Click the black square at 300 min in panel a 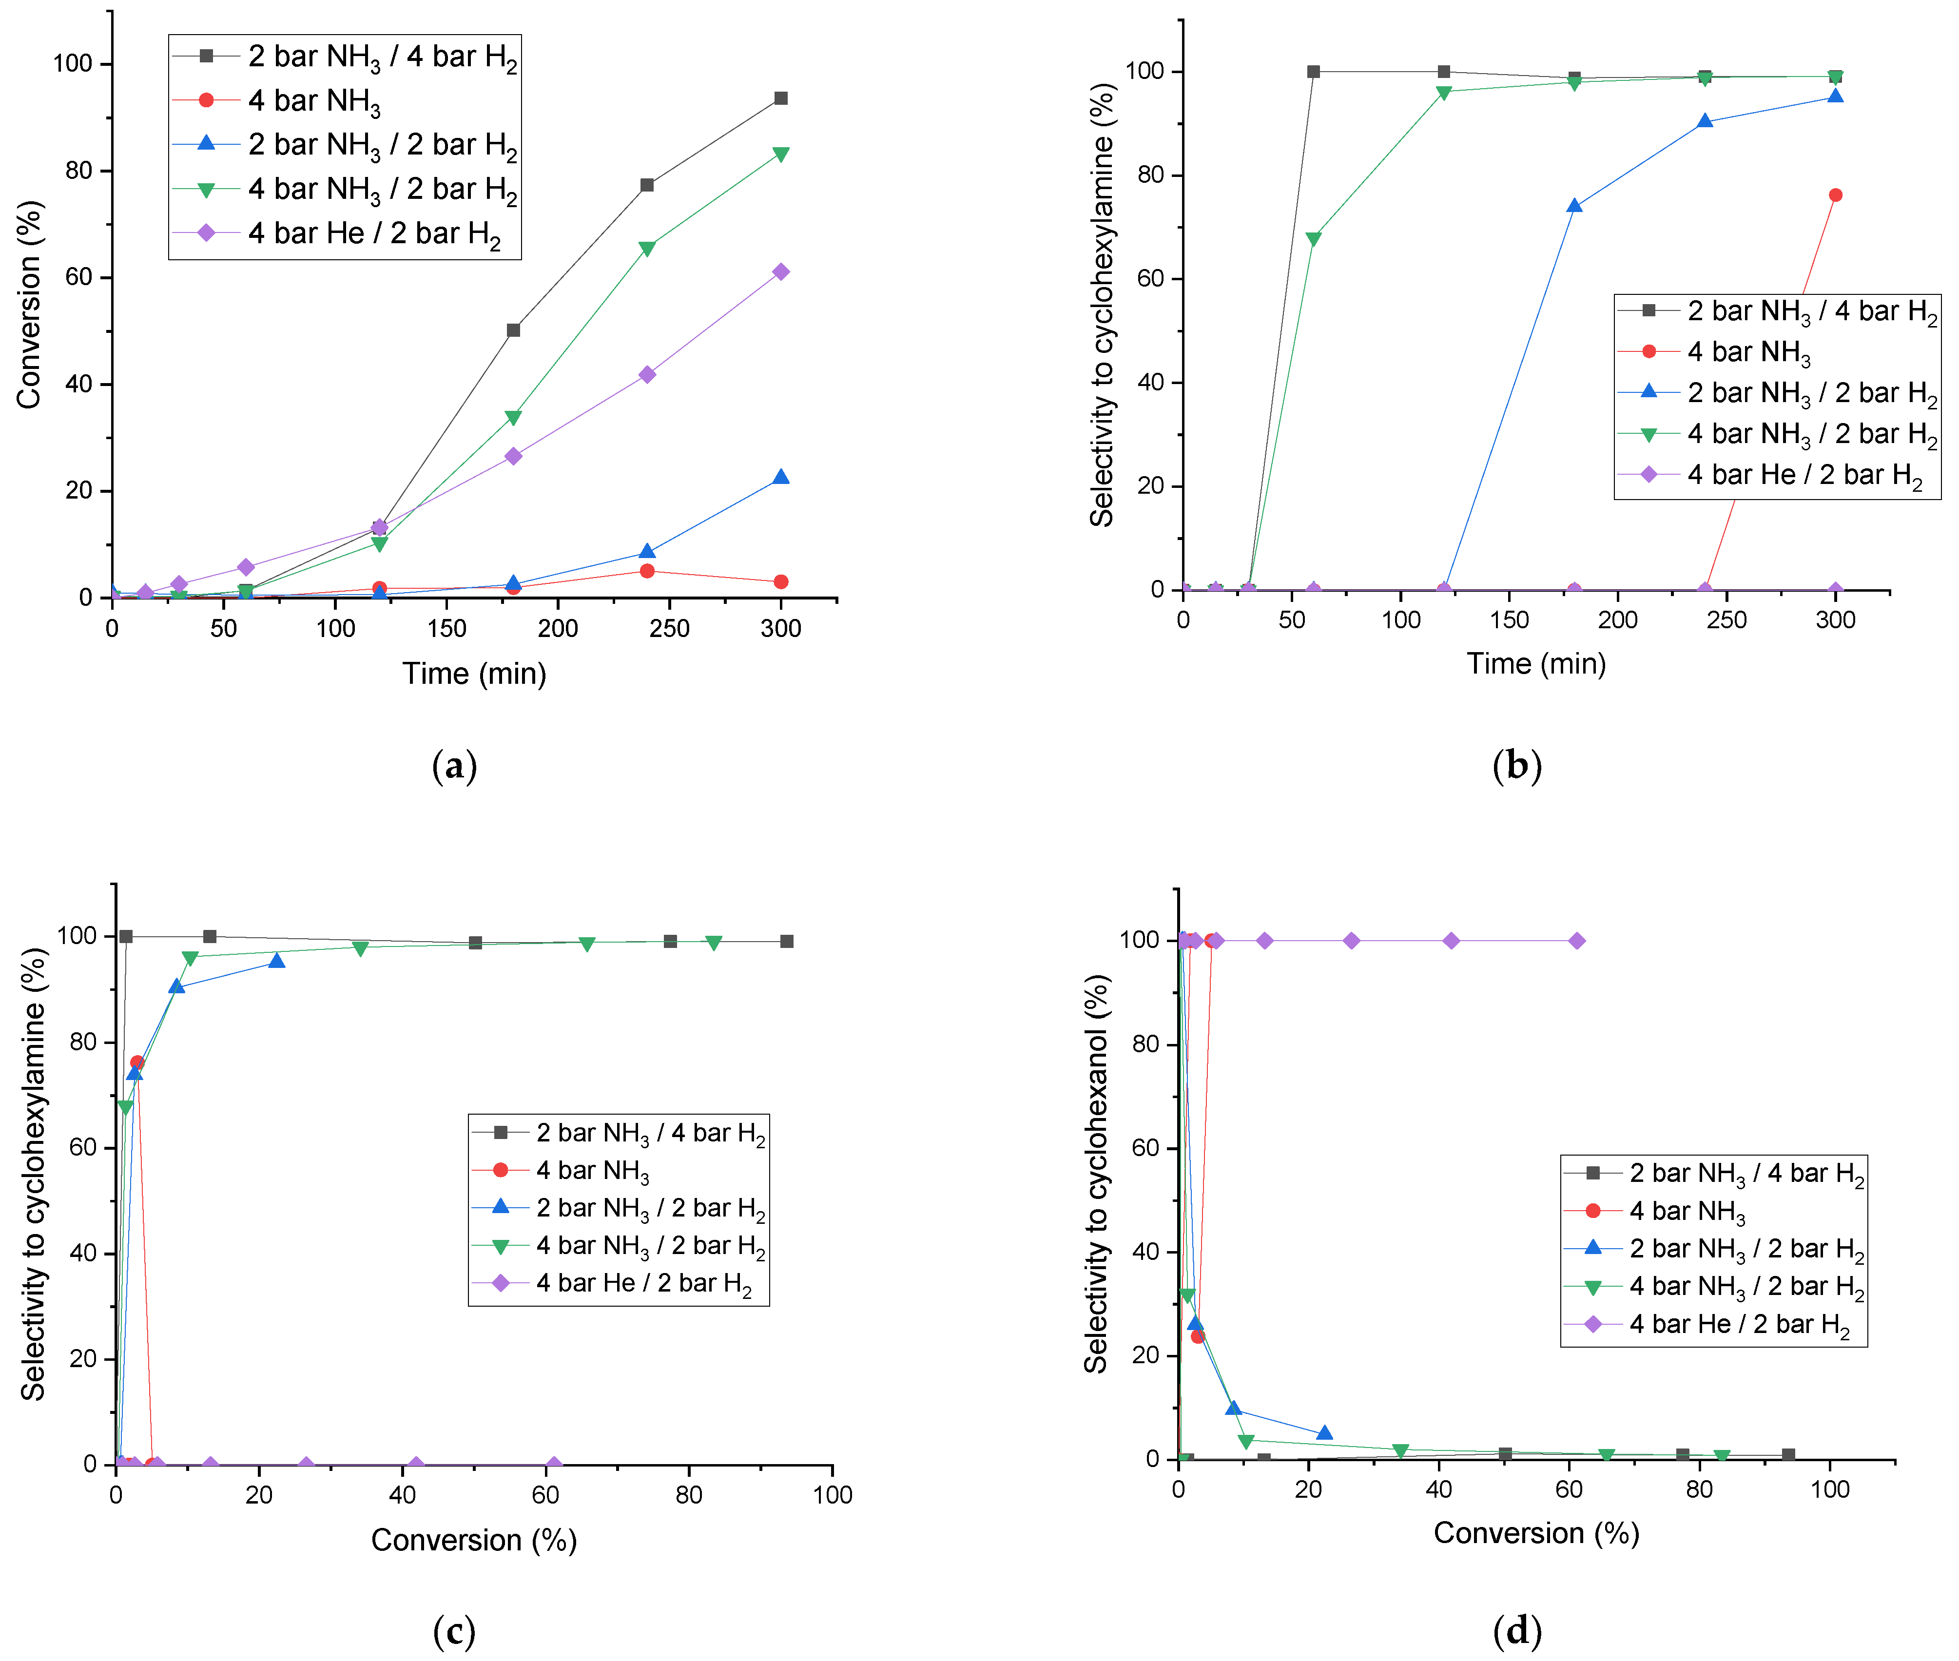tap(781, 98)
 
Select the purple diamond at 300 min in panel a tap(781, 272)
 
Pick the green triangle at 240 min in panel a tap(647, 249)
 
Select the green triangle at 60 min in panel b tap(1314, 239)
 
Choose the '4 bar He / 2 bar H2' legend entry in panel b tap(1804, 475)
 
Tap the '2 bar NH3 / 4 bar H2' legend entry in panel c tap(650, 1133)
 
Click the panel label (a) tap(454, 766)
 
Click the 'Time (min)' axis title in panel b tap(1536, 664)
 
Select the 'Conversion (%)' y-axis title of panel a tap(29, 304)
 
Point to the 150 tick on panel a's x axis tap(446, 628)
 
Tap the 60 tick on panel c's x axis tap(545, 1494)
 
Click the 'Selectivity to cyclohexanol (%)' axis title tap(1096, 1174)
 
